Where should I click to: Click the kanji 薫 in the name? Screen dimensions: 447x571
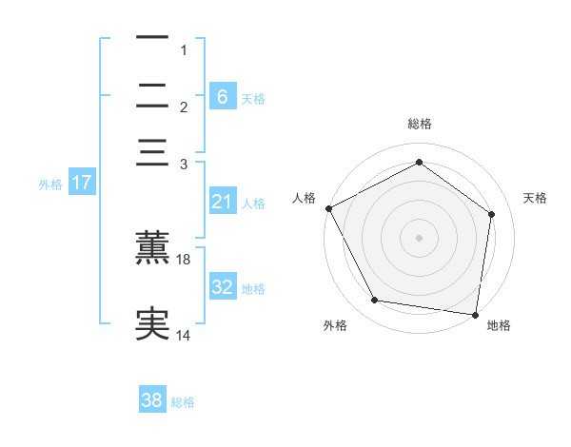click(152, 246)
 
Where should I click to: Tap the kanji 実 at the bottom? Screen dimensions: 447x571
click(152, 323)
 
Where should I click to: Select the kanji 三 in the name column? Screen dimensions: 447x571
click(152, 152)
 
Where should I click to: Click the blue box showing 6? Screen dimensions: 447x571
click(222, 96)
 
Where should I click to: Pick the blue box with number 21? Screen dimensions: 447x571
click(222, 202)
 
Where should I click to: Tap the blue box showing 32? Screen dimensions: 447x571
click(222, 287)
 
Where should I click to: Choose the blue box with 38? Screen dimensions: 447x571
click(152, 401)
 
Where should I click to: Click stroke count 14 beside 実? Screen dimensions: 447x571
click(185, 336)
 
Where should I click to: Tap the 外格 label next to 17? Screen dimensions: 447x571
click(50, 185)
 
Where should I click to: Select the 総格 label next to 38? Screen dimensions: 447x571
click(183, 402)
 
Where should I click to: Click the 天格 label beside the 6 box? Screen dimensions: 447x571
click(253, 98)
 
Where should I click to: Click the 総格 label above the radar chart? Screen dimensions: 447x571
click(419, 124)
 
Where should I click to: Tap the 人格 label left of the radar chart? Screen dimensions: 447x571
click(305, 198)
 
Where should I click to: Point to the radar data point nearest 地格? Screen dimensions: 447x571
click(475, 314)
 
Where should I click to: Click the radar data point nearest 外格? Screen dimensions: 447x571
click(375, 301)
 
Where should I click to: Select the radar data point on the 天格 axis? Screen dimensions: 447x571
click(491, 214)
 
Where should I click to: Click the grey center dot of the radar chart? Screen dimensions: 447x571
click(419, 237)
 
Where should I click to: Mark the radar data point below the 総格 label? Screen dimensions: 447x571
click(419, 162)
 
